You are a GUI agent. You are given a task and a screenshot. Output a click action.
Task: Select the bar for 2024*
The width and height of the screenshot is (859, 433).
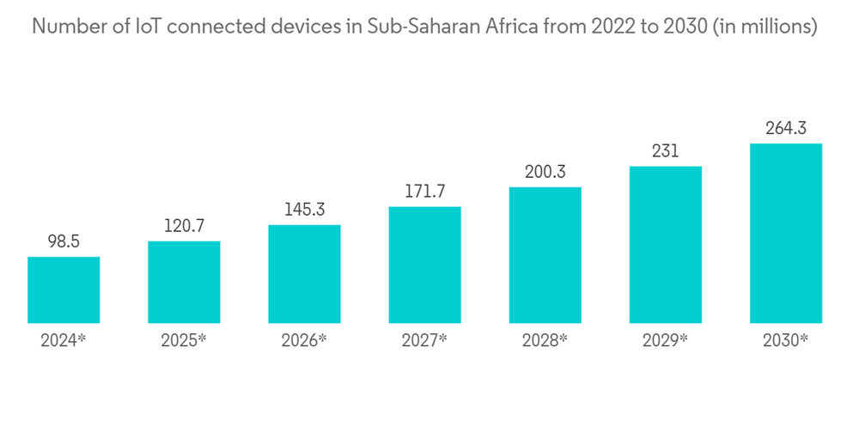pos(64,290)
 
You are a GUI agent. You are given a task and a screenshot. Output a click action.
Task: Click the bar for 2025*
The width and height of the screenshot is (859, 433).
pos(184,283)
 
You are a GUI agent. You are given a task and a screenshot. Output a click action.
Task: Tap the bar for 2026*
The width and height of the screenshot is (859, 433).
pos(304,274)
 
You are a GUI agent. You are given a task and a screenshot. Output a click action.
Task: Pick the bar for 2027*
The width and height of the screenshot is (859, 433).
pos(424,265)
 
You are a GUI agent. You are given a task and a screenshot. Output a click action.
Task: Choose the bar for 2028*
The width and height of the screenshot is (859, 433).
pos(545,255)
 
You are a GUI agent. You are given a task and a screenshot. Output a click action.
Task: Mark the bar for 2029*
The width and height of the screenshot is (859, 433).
pos(666,245)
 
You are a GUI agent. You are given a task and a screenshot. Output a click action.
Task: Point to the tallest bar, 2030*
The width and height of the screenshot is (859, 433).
pos(786,234)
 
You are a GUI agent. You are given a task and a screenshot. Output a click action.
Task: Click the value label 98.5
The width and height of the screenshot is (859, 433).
pos(64,243)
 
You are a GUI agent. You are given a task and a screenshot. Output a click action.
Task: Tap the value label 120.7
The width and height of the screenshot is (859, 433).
pos(184,228)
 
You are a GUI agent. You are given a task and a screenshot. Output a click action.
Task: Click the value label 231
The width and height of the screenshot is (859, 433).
pos(666,152)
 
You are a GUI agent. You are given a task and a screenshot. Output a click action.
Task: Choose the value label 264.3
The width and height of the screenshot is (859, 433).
pos(786,130)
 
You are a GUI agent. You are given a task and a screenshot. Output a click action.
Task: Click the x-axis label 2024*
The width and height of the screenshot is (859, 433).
pos(64,340)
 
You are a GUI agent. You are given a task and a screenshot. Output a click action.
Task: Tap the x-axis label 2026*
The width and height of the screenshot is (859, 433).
pos(304,340)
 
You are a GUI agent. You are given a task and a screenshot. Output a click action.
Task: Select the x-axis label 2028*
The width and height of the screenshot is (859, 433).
pos(545,340)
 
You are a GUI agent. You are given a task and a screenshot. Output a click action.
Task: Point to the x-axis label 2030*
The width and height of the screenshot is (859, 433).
pos(786,340)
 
